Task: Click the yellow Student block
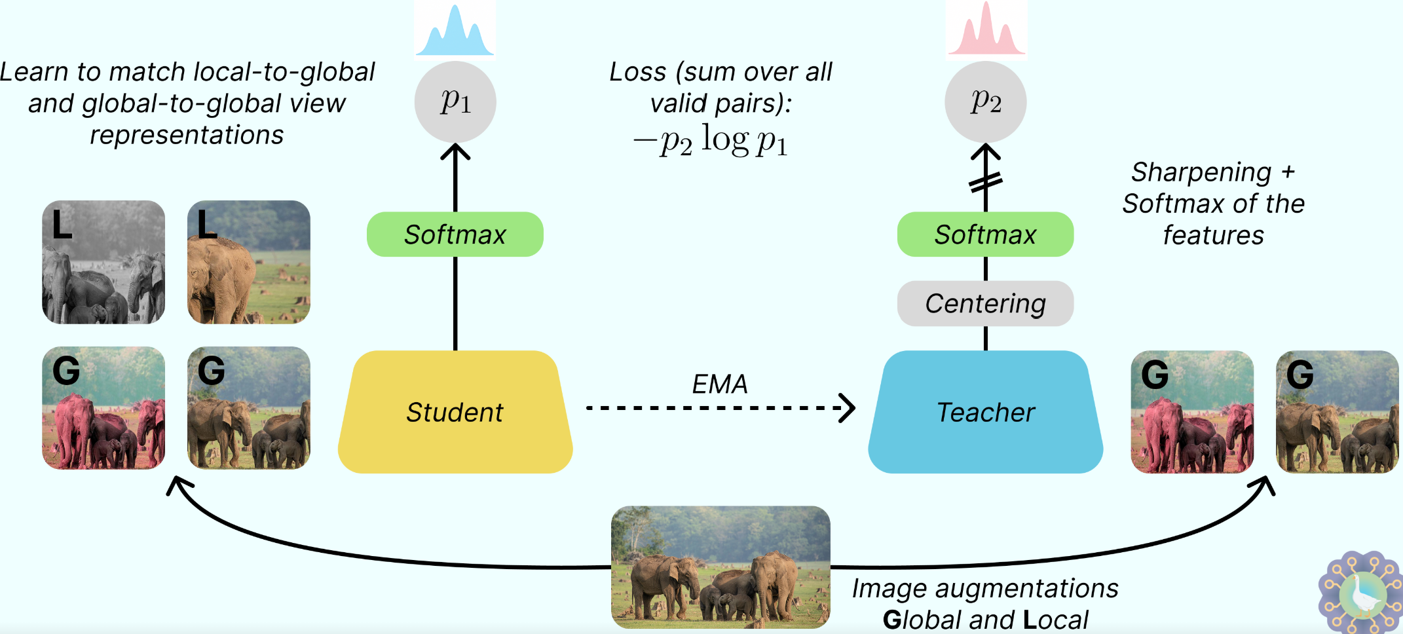(455, 412)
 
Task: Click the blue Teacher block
(985, 412)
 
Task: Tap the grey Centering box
(985, 303)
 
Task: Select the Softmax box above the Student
(455, 234)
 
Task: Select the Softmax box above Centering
(985, 234)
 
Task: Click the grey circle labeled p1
(455, 102)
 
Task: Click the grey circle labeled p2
(985, 102)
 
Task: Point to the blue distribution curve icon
(455, 31)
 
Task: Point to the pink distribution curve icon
(986, 31)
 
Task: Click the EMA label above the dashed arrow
(720, 384)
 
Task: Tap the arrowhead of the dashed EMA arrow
(849, 408)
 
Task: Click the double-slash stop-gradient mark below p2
(985, 182)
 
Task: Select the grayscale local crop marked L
(103, 262)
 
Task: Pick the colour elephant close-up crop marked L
(249, 262)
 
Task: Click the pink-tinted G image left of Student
(103, 407)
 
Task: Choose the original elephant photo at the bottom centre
(720, 567)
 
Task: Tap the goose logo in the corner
(1361, 593)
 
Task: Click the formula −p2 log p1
(711, 141)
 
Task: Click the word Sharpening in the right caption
(1201, 172)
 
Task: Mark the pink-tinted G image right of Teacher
(1192, 411)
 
